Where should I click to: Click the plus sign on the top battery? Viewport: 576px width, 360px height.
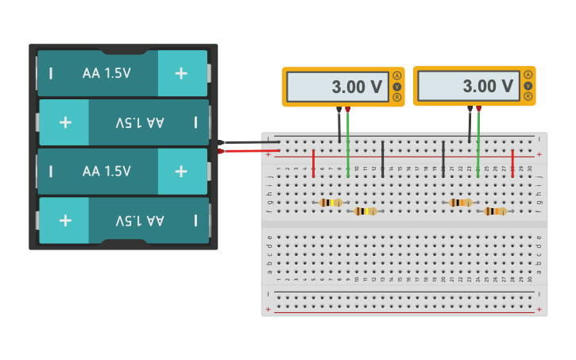pyautogui.click(x=181, y=73)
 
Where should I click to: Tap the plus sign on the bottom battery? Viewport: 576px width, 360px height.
pyautogui.click(x=65, y=220)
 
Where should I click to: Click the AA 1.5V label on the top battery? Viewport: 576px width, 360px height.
pyautogui.click(x=106, y=73)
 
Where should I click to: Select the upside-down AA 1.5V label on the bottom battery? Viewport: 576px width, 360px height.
pyautogui.click(x=140, y=220)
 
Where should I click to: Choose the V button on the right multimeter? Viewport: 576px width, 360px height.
pyautogui.click(x=528, y=86)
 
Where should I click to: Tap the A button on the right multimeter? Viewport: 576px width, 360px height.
pyautogui.click(x=528, y=75)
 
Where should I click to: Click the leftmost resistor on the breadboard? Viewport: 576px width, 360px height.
pyautogui.click(x=331, y=203)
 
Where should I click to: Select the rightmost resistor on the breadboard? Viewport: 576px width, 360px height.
pyautogui.click(x=495, y=211)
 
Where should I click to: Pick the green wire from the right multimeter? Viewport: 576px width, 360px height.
pyautogui.click(x=478, y=143)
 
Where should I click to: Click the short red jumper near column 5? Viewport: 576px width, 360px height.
pyautogui.click(x=313, y=163)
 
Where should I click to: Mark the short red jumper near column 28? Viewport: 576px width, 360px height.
pyautogui.click(x=512, y=163)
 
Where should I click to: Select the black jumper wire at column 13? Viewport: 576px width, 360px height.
pyautogui.click(x=383, y=159)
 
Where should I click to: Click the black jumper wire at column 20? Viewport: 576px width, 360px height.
pyautogui.click(x=443, y=159)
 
